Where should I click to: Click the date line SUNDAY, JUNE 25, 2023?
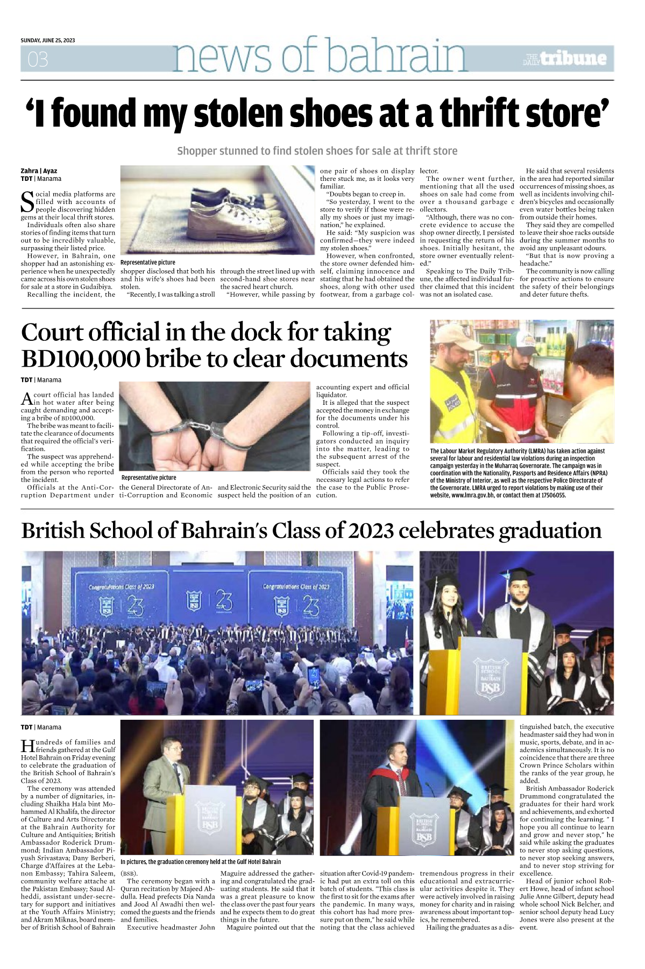pos(48,40)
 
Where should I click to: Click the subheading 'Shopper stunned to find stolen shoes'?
pos(317,151)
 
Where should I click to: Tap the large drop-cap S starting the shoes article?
pos(27,202)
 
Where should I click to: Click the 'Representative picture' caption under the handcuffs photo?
pos(148,478)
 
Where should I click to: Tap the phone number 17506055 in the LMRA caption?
pos(551,495)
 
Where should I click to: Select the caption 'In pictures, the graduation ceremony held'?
pos(200,862)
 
